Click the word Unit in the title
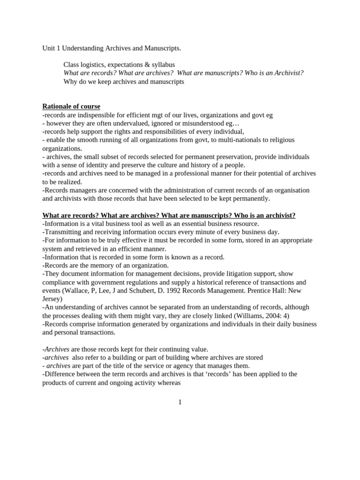[x=49, y=48]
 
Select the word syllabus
[x=162, y=64]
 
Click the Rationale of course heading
[x=71, y=106]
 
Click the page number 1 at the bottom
[x=180, y=402]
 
